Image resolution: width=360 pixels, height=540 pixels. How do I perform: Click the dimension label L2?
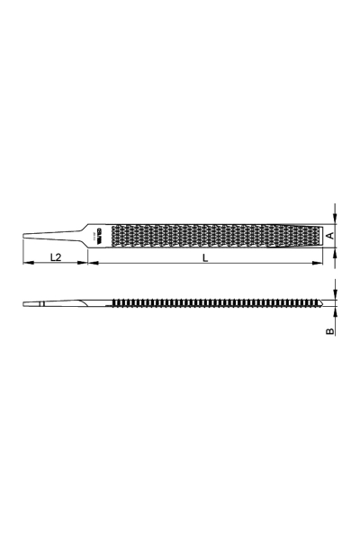(54, 257)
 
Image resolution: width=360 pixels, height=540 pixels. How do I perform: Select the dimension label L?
(205, 257)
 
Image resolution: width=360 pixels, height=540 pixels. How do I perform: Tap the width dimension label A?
(330, 236)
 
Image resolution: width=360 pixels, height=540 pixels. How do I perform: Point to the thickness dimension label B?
(330, 331)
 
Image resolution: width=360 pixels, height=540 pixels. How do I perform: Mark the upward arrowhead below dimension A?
(335, 252)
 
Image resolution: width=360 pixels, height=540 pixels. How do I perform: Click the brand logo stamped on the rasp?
(98, 236)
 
